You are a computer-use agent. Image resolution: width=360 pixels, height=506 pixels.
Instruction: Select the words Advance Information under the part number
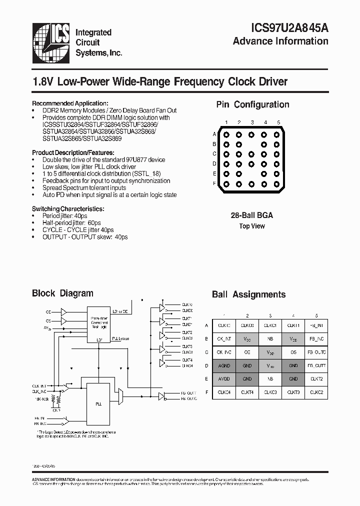point(280,41)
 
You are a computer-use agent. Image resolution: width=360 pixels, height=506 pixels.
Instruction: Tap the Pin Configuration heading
point(252,104)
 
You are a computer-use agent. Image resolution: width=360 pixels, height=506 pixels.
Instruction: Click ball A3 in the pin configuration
point(252,134)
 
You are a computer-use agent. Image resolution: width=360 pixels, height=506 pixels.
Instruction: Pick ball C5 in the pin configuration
point(277,154)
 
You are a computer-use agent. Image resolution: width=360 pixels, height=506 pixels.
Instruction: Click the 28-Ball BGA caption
point(251,215)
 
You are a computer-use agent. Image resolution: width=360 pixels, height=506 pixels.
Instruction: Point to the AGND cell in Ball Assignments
point(224,365)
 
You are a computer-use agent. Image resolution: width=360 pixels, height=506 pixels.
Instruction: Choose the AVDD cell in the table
point(224,379)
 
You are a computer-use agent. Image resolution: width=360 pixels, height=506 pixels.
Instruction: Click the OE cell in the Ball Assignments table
point(247,352)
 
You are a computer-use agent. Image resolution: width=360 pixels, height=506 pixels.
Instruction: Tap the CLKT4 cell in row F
point(247,392)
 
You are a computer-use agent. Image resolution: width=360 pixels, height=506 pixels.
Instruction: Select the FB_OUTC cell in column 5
point(316,352)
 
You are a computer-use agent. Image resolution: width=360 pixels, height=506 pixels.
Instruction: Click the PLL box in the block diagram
point(99,403)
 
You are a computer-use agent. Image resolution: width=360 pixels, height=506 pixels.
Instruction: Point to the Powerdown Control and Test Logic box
point(99,323)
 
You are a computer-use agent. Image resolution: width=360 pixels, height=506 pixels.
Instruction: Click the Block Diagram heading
point(62,293)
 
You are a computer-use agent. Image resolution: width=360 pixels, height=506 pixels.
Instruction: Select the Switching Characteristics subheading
point(68,208)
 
